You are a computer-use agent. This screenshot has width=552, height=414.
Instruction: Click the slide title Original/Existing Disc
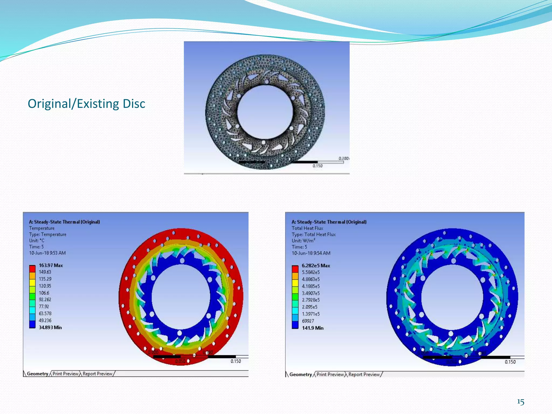(x=86, y=104)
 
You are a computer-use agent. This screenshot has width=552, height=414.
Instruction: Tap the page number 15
(x=520, y=402)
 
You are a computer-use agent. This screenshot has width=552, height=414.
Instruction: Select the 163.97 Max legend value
(x=51, y=265)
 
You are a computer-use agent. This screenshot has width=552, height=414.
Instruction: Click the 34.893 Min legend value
(x=50, y=327)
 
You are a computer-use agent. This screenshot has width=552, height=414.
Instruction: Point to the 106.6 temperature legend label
(x=44, y=293)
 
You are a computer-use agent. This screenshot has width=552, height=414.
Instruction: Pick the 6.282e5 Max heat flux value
(x=316, y=266)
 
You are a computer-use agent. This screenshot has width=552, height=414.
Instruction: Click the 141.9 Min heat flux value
(x=312, y=328)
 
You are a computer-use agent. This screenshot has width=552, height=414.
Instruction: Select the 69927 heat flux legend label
(x=308, y=321)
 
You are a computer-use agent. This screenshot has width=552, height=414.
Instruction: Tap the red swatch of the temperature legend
(x=32, y=269)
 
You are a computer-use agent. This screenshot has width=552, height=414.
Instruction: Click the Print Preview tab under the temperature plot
(x=65, y=374)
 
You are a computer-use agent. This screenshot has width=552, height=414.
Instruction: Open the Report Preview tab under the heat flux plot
(x=364, y=375)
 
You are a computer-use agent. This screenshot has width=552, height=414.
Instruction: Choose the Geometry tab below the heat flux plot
(x=300, y=375)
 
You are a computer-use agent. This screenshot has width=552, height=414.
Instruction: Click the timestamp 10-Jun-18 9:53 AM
(x=47, y=253)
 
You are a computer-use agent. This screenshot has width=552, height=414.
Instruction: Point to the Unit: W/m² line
(x=303, y=241)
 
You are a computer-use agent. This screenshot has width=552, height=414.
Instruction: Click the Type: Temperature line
(x=48, y=234)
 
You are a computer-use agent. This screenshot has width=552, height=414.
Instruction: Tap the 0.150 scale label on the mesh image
(x=317, y=166)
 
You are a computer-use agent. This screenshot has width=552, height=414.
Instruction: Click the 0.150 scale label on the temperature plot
(x=236, y=361)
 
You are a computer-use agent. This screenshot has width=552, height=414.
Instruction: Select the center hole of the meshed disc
(x=265, y=112)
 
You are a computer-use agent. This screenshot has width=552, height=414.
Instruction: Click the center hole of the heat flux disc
(x=452, y=296)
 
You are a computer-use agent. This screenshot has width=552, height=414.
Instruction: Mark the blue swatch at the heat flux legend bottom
(x=295, y=325)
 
